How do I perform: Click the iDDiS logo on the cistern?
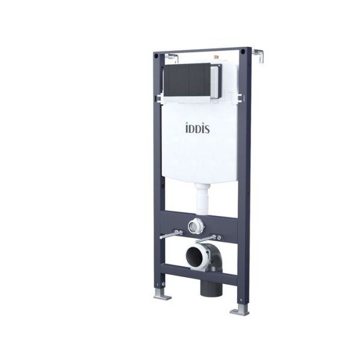point(197,128)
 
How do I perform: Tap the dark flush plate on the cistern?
point(187,80)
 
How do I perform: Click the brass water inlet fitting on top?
point(215,56)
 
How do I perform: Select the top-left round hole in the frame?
point(156,56)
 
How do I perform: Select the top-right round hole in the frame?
point(243,52)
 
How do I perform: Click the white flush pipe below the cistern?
point(202,199)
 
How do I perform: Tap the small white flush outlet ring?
point(196,226)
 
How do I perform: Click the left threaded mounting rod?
point(171,235)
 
